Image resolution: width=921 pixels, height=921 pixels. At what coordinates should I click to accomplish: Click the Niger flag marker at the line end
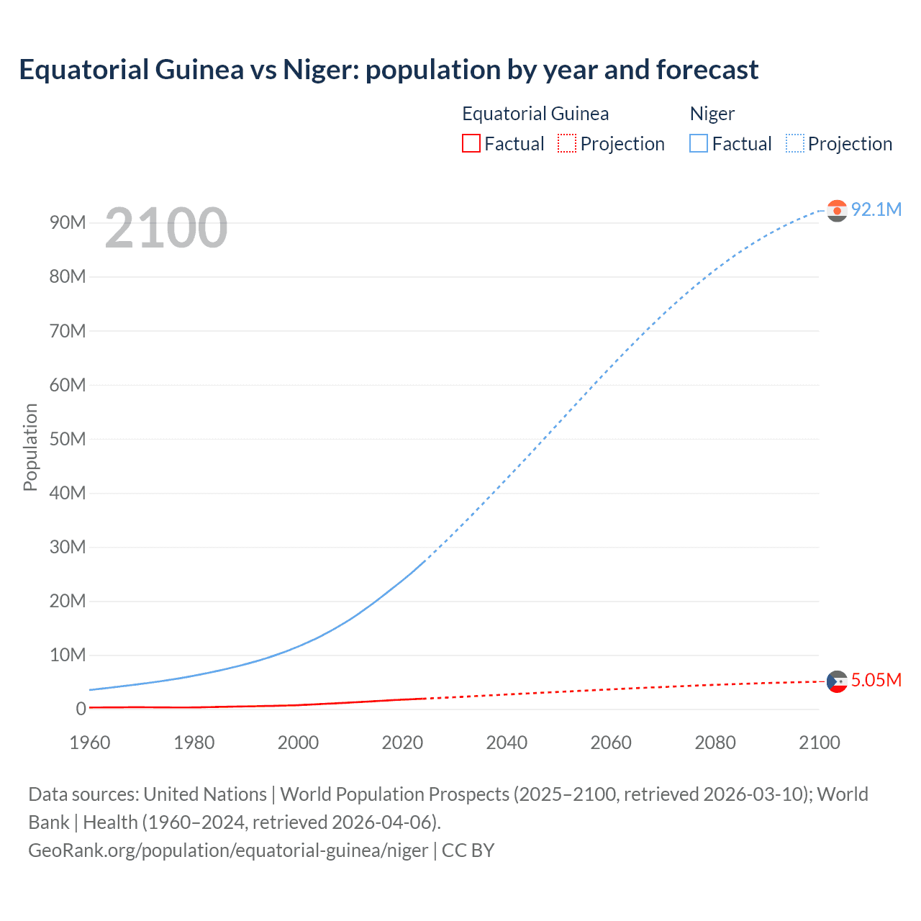point(837,210)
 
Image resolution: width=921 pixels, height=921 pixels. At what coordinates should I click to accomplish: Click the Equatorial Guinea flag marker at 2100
point(837,681)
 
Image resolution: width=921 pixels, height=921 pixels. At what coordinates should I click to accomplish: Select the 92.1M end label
point(876,209)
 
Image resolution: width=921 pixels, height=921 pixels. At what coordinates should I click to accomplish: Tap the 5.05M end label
point(876,680)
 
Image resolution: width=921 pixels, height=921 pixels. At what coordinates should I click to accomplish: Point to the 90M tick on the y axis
point(68,222)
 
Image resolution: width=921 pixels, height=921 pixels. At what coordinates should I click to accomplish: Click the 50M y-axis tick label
point(68,439)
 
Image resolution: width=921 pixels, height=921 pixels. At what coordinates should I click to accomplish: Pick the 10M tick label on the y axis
point(68,655)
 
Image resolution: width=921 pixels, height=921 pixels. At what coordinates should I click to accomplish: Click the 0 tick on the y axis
point(81,709)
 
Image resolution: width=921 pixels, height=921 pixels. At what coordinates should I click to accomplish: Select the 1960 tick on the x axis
point(90,743)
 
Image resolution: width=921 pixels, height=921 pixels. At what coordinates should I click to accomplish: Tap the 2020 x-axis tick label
point(402,743)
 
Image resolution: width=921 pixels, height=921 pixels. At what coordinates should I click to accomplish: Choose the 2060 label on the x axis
point(611,743)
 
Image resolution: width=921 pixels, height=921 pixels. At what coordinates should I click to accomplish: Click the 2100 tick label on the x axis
point(819,743)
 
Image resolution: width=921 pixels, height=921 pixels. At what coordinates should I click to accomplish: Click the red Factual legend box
point(471,144)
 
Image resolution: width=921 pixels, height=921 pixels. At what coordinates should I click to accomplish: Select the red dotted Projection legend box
point(567,144)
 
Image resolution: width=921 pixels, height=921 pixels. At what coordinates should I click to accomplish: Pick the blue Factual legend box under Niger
point(698,144)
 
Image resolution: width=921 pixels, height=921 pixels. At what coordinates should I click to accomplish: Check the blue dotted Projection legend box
point(794,144)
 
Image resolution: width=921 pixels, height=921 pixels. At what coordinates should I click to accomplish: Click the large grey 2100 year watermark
point(165,228)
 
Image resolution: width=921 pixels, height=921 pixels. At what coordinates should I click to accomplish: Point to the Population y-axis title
point(30,447)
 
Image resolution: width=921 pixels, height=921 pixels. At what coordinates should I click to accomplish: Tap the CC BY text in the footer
point(468,850)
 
